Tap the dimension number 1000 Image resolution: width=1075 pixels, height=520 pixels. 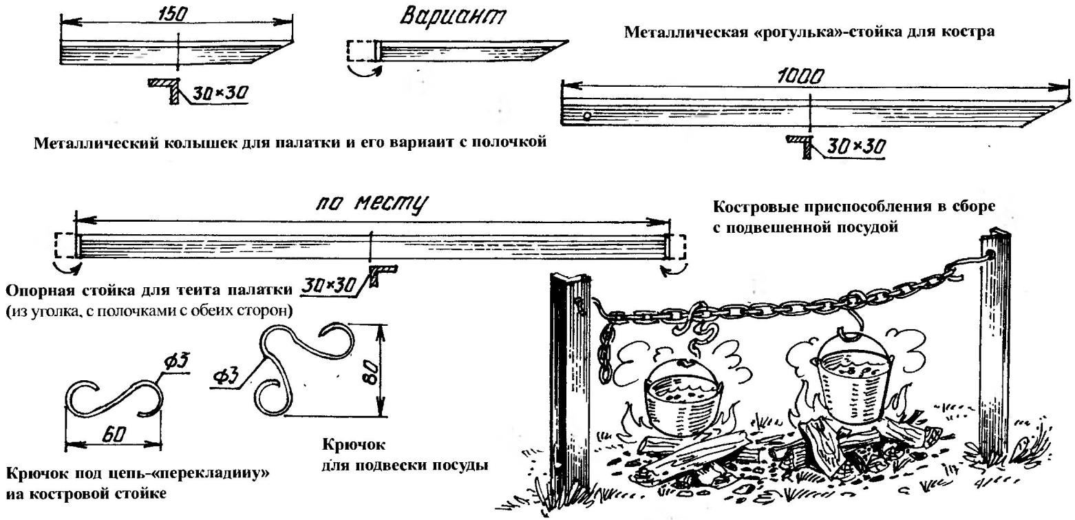pyautogui.click(x=801, y=78)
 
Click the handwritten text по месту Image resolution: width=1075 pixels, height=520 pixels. pyautogui.click(x=372, y=205)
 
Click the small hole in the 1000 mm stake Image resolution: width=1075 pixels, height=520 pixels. pyautogui.click(x=587, y=115)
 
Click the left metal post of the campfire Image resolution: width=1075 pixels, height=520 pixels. pyautogui.click(x=566, y=386)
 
